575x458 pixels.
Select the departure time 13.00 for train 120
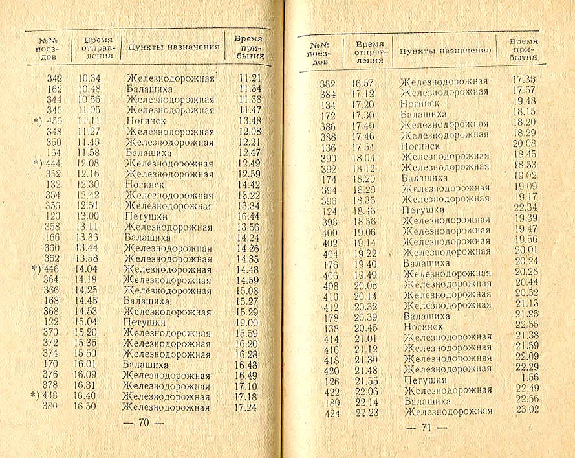point(88,216)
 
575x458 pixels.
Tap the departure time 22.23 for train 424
point(365,411)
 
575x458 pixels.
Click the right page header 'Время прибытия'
point(524,49)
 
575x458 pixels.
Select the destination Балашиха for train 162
point(149,89)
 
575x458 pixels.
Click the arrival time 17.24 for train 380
point(246,407)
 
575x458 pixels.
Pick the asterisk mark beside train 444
point(36,163)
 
